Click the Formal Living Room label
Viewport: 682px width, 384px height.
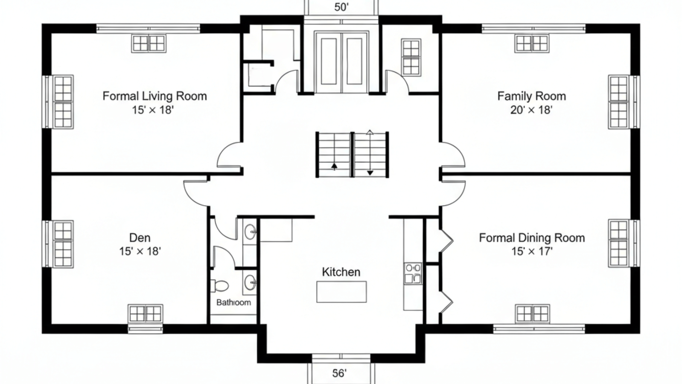155,96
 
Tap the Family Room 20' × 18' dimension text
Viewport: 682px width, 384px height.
531,110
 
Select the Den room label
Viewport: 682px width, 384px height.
140,238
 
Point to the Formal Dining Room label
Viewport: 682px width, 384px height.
532,238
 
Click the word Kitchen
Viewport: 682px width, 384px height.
341,272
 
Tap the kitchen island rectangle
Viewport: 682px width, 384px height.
341,292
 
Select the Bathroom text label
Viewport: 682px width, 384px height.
233,303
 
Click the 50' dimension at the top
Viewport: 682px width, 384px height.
341,7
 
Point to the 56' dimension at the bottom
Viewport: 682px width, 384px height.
339,373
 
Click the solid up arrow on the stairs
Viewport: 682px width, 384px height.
334,166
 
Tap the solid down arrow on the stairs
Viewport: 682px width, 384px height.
370,173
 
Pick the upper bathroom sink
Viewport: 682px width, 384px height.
250,232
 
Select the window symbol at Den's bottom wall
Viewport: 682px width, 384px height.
145,314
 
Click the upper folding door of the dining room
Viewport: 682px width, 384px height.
446,241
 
